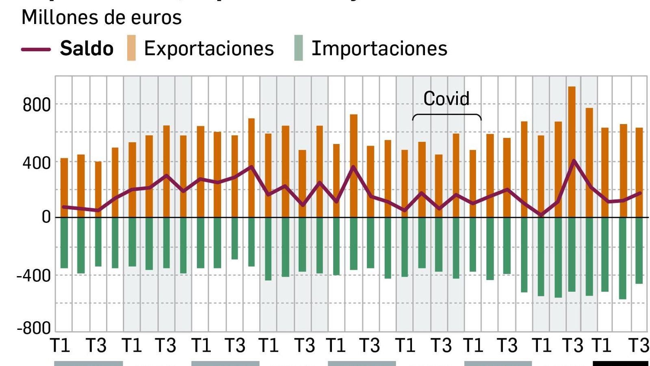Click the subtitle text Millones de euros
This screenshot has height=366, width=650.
coord(102,17)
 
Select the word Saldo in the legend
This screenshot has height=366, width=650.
coord(87,49)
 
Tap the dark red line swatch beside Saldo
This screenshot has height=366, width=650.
coord(36,49)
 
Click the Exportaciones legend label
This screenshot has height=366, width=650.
coord(209,49)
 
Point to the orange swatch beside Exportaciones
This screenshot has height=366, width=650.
coord(131,48)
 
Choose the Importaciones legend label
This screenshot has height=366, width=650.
coord(379,49)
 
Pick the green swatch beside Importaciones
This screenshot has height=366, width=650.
coord(299,48)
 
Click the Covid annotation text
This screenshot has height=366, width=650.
coord(446,99)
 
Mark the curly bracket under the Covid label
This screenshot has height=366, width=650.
coord(447,116)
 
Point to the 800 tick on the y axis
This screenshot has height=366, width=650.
coord(37,105)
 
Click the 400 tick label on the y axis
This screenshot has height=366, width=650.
coord(37,163)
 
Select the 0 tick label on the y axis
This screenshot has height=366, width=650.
coord(46,217)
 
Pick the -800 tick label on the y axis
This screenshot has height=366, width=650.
coord(34,328)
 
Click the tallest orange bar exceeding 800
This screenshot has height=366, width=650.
coord(572,122)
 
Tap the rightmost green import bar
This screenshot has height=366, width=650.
coord(639,250)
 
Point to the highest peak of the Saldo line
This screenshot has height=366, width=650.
coord(574,161)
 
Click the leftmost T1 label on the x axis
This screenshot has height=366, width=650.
coord(60,346)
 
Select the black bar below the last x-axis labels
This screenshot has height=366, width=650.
coord(620,363)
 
